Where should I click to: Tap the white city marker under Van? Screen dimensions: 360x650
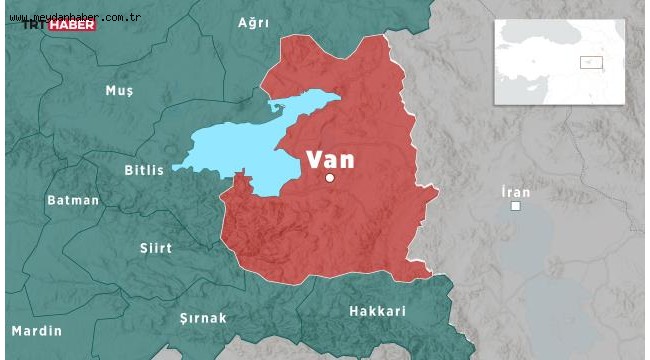coord(330,178)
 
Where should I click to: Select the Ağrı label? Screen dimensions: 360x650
coord(254,22)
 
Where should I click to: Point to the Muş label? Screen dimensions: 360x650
coord(119,91)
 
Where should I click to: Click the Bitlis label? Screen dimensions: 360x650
coord(144,170)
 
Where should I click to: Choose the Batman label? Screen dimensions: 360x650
coord(73,200)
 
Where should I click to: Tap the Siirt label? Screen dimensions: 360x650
coord(156,248)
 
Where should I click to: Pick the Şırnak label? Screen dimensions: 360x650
coord(203,318)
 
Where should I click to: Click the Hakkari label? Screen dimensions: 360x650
coord(377,311)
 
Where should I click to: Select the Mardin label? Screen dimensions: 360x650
coord(36,331)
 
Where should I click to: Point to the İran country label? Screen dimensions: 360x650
coord(516,191)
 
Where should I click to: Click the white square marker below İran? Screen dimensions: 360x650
coord(516,206)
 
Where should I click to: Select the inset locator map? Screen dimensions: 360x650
coord(559,62)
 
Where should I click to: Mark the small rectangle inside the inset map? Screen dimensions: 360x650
coord(592,62)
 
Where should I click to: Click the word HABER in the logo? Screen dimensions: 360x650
coord(74,24)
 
